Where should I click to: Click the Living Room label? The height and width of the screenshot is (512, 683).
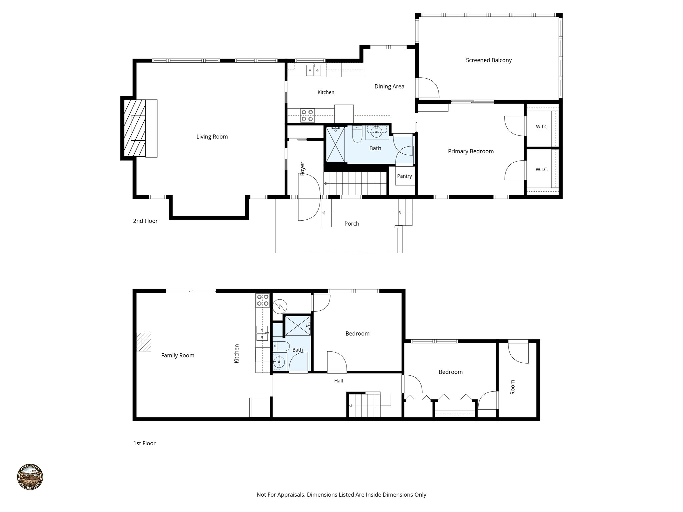point(212,137)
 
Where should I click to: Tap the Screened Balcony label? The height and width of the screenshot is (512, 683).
point(489,60)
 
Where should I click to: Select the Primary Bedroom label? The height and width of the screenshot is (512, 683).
point(471,151)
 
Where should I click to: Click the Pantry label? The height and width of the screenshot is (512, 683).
point(404,176)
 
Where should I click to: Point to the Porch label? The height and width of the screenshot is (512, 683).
point(352,224)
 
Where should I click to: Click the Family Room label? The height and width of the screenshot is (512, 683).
point(177,355)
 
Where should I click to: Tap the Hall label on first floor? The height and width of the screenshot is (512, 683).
point(338,381)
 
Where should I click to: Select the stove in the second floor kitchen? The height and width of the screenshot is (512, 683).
point(307,115)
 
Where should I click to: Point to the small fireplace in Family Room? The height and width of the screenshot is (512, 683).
point(144,342)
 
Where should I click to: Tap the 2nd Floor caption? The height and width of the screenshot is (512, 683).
point(145,221)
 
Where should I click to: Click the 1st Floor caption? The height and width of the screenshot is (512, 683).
point(144,443)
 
